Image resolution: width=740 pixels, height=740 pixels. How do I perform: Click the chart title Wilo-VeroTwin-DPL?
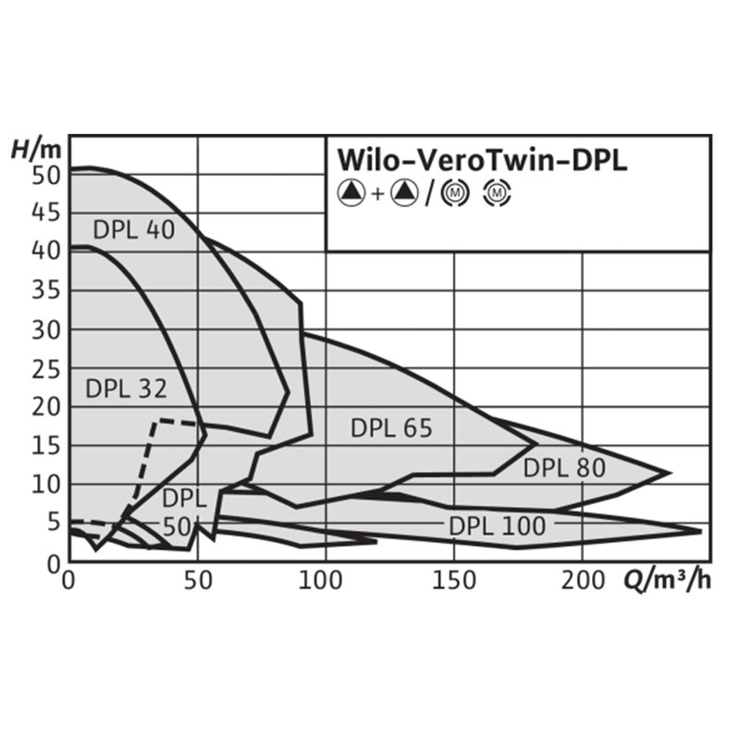tap(480, 158)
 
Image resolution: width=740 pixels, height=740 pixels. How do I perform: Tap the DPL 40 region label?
tap(133, 229)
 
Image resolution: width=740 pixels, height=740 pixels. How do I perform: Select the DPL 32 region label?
tap(126, 388)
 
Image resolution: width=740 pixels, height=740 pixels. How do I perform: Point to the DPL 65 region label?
tap(391, 427)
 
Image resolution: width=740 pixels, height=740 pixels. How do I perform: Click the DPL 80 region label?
tap(564, 468)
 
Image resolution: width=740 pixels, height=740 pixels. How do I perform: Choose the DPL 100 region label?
tap(498, 525)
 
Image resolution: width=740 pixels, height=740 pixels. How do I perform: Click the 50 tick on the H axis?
tap(47, 174)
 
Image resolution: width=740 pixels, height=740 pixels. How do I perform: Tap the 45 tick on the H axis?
tap(47, 213)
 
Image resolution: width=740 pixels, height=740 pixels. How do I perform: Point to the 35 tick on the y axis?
tap(47, 290)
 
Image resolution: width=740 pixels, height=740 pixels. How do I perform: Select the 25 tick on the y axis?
tap(47, 368)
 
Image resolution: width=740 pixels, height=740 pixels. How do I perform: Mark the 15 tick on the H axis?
tap(47, 446)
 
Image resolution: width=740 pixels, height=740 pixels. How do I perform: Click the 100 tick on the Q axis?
tap(325, 583)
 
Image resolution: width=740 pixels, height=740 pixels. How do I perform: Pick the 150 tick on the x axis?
tap(453, 583)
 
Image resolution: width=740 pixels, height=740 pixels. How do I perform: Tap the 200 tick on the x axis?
tap(582, 583)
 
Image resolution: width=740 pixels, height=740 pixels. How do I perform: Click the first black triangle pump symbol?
tap(351, 193)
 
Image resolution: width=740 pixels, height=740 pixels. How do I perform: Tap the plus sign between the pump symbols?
tap(377, 194)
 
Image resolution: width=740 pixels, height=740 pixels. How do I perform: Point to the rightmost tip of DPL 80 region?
tap(670, 473)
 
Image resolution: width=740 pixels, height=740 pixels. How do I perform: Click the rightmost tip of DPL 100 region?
tap(700, 531)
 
